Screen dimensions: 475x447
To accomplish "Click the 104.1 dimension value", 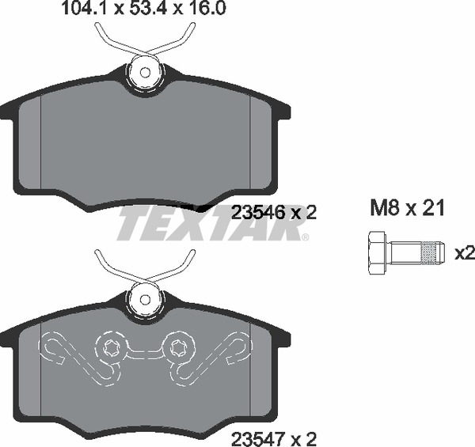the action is point(84,9).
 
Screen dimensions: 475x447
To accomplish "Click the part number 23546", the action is point(258,212).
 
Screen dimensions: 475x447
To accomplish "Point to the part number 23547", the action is point(258,438).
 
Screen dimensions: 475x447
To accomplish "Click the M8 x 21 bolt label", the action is point(408,208).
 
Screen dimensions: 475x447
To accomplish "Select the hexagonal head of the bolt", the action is point(377,253).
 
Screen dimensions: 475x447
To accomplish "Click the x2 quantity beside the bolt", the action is point(465,254).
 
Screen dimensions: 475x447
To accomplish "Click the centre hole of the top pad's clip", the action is point(145,74).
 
